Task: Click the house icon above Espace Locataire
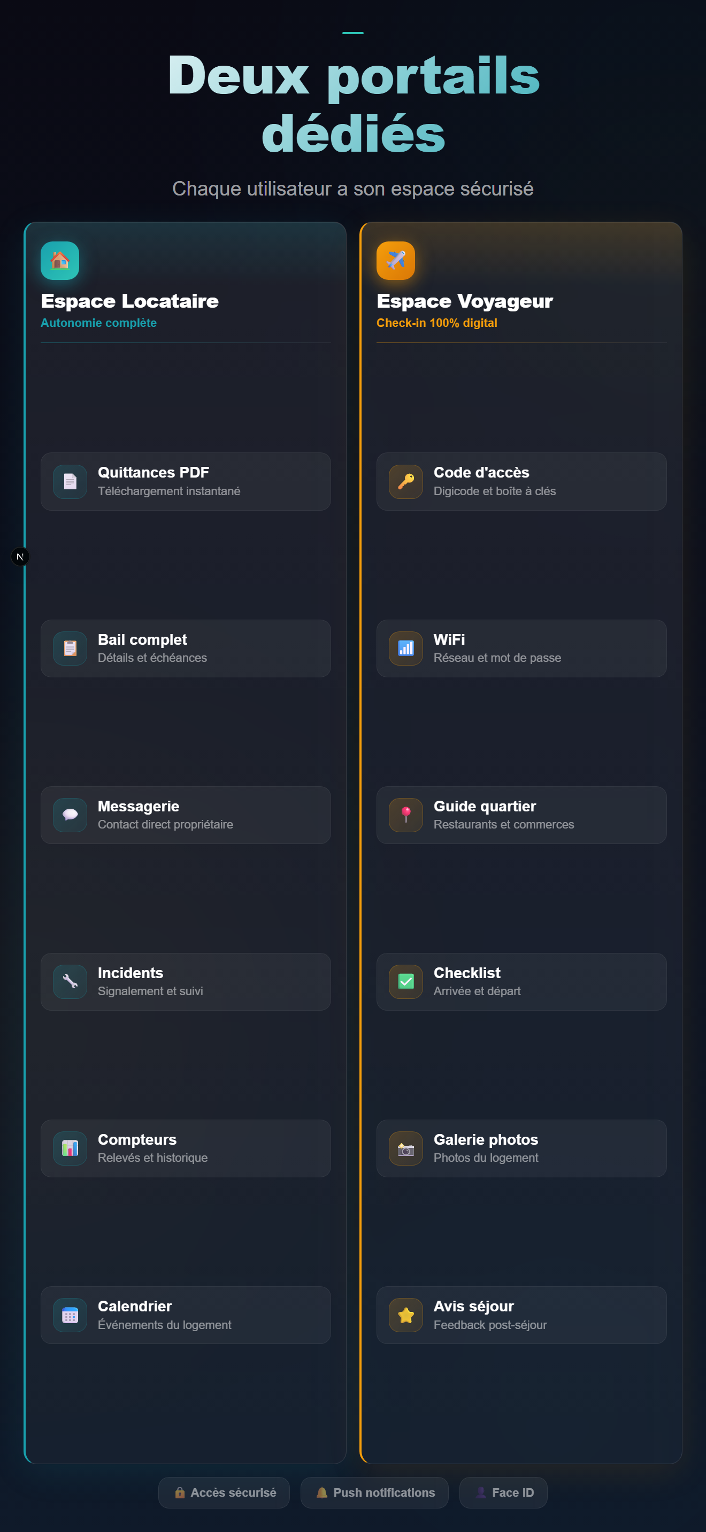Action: click(59, 261)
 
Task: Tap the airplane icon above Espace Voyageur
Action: click(396, 261)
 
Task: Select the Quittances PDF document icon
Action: click(70, 481)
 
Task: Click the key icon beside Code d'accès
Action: click(406, 481)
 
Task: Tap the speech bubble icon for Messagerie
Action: click(70, 815)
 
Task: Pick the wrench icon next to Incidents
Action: click(70, 981)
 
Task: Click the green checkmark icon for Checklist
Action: click(406, 981)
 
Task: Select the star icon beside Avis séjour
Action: click(406, 1315)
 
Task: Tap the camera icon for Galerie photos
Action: click(406, 1148)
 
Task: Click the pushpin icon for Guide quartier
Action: click(406, 815)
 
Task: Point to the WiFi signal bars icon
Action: click(406, 648)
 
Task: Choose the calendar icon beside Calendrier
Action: click(70, 1315)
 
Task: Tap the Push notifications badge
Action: click(374, 1493)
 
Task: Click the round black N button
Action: click(20, 557)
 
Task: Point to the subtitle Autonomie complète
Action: click(99, 323)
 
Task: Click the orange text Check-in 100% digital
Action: click(437, 323)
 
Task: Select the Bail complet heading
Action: click(142, 640)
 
